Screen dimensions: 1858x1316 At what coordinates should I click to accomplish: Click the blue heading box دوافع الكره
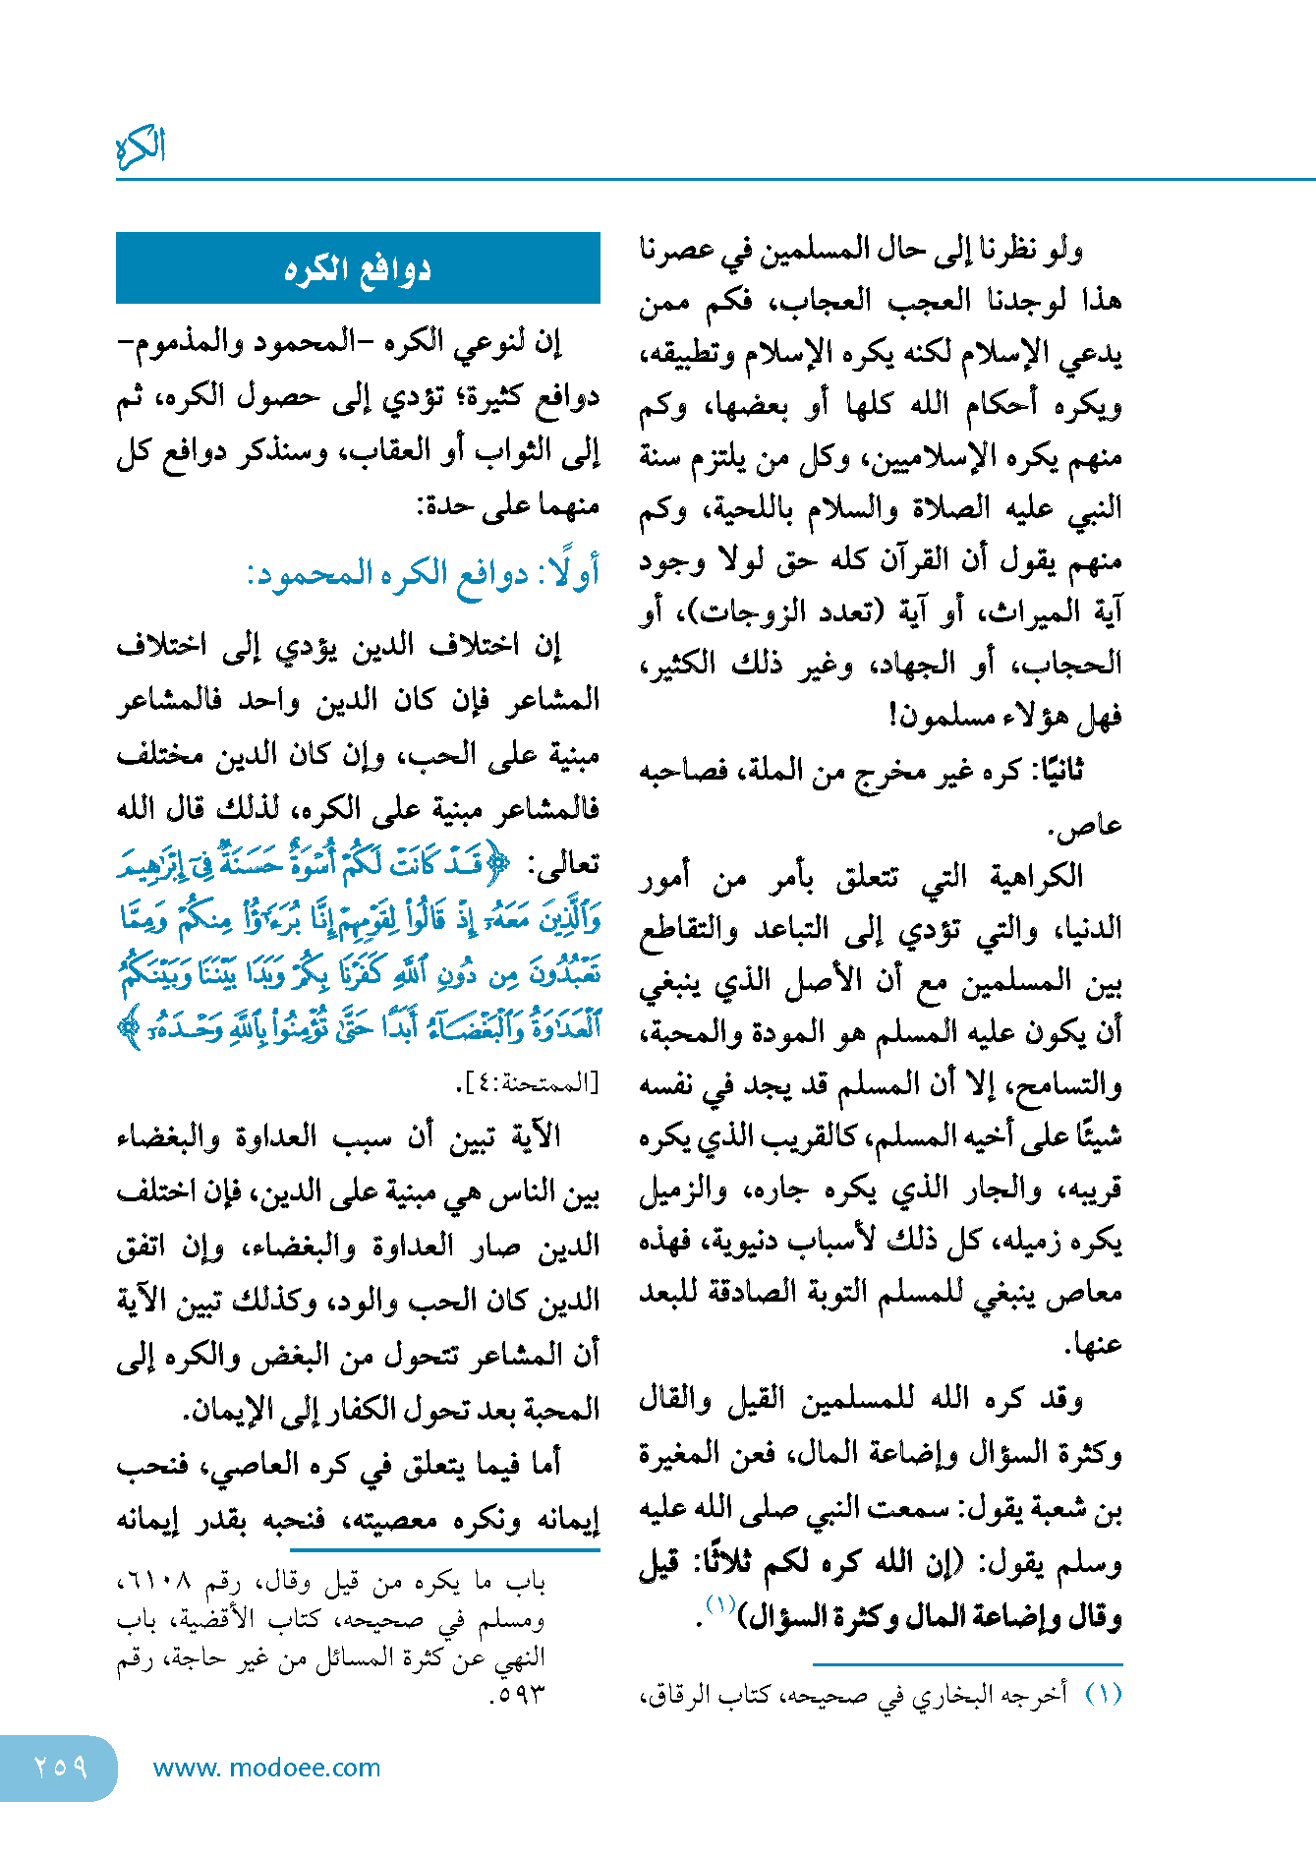click(x=358, y=268)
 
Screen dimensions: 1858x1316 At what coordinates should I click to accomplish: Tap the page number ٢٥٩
click(x=60, y=1767)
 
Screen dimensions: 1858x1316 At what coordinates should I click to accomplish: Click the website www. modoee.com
click(x=266, y=1768)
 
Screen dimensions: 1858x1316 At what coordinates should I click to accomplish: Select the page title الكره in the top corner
click(x=141, y=147)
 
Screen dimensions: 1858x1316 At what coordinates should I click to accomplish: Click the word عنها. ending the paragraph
click(x=1094, y=1344)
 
